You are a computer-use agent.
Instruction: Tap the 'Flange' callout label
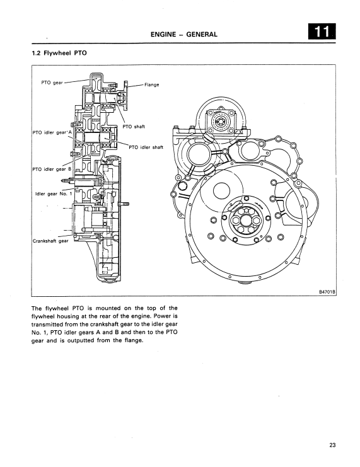[152, 84]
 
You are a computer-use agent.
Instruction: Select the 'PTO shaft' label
[134, 127]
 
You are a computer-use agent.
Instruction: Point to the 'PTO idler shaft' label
[146, 147]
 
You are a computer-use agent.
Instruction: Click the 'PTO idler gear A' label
[52, 132]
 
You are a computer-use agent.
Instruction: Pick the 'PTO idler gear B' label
[52, 169]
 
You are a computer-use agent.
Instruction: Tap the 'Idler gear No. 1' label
[54, 193]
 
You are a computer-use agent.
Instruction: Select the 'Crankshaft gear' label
[50, 241]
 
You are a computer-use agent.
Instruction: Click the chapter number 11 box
[322, 32]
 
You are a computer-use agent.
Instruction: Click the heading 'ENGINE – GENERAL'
[184, 34]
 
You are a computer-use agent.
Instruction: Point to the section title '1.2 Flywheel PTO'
[59, 54]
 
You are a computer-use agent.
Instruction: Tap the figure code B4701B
[327, 292]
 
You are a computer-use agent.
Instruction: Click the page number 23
[333, 445]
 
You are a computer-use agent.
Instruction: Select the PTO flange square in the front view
[221, 122]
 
